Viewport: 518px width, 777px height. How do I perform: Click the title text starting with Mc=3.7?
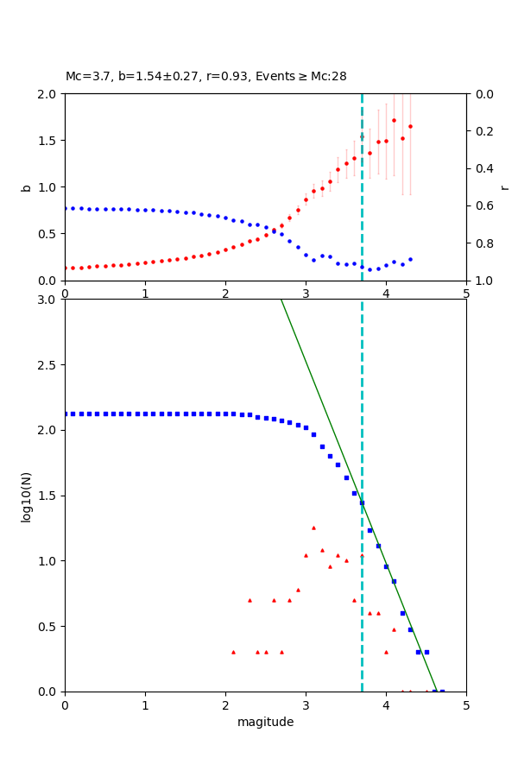tap(205, 77)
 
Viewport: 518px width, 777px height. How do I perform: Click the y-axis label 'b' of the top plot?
tap(27, 187)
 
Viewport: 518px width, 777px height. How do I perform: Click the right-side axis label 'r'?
tap(504, 187)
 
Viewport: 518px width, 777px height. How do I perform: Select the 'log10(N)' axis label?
tap(27, 496)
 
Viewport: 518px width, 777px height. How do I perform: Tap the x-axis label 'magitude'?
tap(265, 722)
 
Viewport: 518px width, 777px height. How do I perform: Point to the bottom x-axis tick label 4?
tap(386, 704)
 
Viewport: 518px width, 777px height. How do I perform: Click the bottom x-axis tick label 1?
tap(145, 704)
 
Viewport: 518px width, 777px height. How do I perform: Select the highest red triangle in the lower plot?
tap(313, 527)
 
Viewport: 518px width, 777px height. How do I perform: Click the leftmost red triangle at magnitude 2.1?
tap(233, 652)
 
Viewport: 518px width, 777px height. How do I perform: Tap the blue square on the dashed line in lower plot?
tap(362, 502)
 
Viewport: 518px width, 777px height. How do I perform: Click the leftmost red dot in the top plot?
tap(65, 268)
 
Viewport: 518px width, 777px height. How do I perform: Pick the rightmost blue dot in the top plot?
tap(410, 259)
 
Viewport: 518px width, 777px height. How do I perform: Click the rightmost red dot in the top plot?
tap(410, 126)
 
